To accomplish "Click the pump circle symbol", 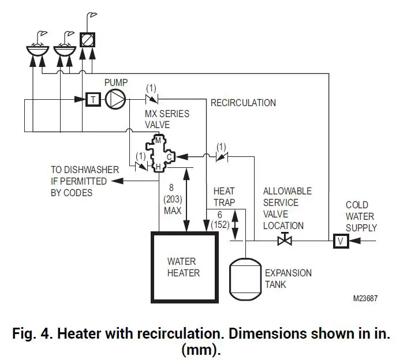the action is (115, 99).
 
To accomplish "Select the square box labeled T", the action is (93, 99).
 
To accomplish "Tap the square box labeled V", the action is (341, 241).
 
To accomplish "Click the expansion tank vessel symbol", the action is (245, 279).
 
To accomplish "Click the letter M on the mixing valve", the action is (158, 140).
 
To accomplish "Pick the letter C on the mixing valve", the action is (170, 157).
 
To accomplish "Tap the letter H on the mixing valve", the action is (158, 167).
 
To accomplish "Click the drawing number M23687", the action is (365, 298).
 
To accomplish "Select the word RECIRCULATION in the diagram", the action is (243, 103).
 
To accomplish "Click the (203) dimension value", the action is (173, 200).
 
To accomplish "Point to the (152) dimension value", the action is (220, 224).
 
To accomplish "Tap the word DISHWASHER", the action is (91, 170).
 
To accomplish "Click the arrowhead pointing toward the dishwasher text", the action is (117, 181).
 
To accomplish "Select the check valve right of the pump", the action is (152, 99).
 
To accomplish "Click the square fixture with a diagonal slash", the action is (87, 40).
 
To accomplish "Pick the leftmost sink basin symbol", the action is (38, 51).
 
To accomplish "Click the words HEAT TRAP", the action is (224, 197).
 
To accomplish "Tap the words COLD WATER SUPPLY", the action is (361, 216).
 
